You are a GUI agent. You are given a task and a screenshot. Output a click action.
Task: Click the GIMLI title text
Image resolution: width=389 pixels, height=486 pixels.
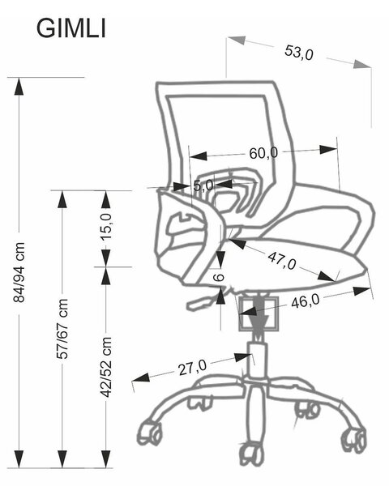pyautogui.click(x=71, y=29)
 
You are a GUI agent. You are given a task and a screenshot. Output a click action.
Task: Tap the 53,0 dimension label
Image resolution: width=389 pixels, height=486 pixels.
pyautogui.click(x=299, y=53)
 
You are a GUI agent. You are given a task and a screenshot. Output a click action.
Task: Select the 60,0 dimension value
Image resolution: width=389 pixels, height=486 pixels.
pyautogui.click(x=263, y=152)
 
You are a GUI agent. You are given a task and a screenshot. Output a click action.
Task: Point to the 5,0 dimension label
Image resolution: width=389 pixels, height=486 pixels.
pyautogui.click(x=203, y=185)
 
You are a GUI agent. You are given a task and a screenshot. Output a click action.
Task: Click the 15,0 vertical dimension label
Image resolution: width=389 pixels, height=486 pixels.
pyautogui.click(x=106, y=227)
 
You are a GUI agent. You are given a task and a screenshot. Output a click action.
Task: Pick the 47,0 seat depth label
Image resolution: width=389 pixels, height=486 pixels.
pyautogui.click(x=282, y=261)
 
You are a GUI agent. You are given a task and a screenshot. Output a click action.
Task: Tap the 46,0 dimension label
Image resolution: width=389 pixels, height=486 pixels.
pyautogui.click(x=306, y=301)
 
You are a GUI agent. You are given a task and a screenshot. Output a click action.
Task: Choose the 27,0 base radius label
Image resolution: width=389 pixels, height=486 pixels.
pyautogui.click(x=192, y=367)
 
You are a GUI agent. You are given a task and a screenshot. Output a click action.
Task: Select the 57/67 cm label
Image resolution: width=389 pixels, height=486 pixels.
pyautogui.click(x=62, y=329)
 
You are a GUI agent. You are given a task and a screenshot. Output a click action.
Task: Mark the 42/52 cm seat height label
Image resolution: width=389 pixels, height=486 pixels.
pyautogui.click(x=106, y=367)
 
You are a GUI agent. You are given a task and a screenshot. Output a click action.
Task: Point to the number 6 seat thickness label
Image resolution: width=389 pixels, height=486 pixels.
pyautogui.click(x=220, y=277)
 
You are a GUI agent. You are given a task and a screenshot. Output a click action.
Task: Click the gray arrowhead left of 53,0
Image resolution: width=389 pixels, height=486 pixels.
pyautogui.click(x=237, y=40)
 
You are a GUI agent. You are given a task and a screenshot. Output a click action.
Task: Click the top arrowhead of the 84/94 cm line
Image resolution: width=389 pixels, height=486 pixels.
pyautogui.click(x=19, y=87)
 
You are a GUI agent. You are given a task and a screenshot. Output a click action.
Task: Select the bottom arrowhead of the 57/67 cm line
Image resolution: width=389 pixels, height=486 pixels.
pyautogui.click(x=62, y=459)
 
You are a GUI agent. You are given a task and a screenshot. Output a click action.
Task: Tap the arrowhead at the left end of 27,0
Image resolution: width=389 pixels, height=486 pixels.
pyautogui.click(x=141, y=377)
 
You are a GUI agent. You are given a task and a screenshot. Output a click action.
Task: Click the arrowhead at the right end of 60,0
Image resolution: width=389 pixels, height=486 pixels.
pyautogui.click(x=328, y=149)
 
